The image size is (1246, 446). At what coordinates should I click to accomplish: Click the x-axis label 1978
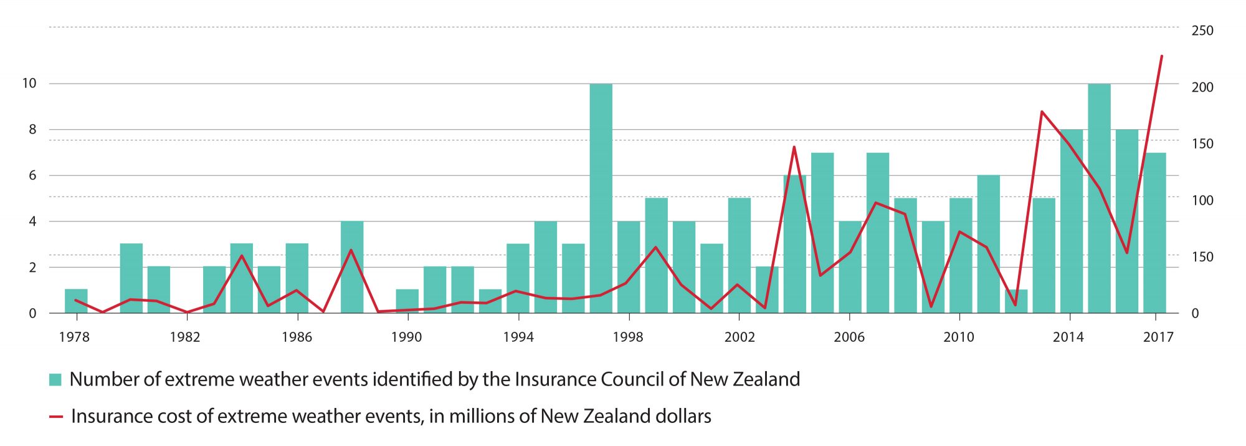pos(74,337)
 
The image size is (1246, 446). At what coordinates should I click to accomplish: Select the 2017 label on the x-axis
pos(1158,337)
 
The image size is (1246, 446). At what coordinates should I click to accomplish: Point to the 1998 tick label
pos(627,337)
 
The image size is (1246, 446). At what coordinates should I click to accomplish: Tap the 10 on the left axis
pos(29,83)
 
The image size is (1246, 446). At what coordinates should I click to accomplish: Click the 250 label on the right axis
pos(1202,31)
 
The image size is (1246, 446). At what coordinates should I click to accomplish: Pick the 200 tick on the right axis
pos(1202,87)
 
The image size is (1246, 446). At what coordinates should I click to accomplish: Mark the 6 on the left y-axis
pos(32,175)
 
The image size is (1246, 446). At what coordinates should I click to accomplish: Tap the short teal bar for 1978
pos(76,301)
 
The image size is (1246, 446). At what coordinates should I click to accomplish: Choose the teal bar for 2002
pos(740,256)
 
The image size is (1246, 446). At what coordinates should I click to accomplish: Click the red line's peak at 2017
pos(1161,56)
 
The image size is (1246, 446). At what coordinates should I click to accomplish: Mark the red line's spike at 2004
pos(794,147)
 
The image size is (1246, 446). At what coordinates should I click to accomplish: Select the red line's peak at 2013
pos(1042,112)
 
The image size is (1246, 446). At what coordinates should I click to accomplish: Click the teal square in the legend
pos(55,379)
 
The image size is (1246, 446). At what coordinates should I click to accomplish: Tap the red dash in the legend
pos(56,416)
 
